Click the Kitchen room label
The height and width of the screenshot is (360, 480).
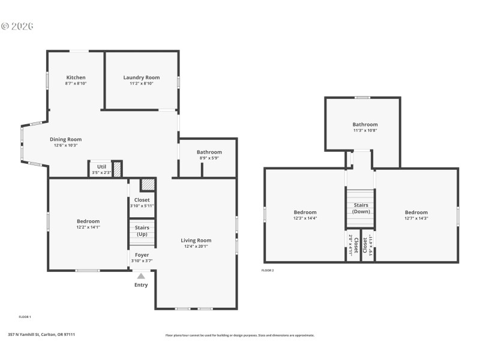point(76,77)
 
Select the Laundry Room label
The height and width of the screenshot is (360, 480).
point(142,77)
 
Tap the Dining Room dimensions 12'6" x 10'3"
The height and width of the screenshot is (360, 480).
point(66,145)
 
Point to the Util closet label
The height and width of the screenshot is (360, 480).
point(101,167)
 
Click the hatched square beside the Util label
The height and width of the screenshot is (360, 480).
point(118,169)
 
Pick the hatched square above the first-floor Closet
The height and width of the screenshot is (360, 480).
point(147,185)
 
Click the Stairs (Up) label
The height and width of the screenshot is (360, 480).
point(142,230)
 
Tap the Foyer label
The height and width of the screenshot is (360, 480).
point(142,255)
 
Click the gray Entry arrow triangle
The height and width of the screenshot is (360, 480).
point(141,276)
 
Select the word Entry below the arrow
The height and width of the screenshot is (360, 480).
point(140,285)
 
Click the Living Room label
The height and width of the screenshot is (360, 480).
point(196,241)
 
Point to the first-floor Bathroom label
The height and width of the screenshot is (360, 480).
point(209,152)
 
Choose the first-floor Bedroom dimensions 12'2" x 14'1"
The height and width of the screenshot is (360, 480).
point(88,227)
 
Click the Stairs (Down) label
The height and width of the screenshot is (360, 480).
point(361,208)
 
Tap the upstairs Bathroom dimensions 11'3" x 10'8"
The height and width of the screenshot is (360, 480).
point(365,130)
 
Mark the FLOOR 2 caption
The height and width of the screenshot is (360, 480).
point(268,271)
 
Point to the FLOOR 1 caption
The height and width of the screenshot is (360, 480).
point(25,316)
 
